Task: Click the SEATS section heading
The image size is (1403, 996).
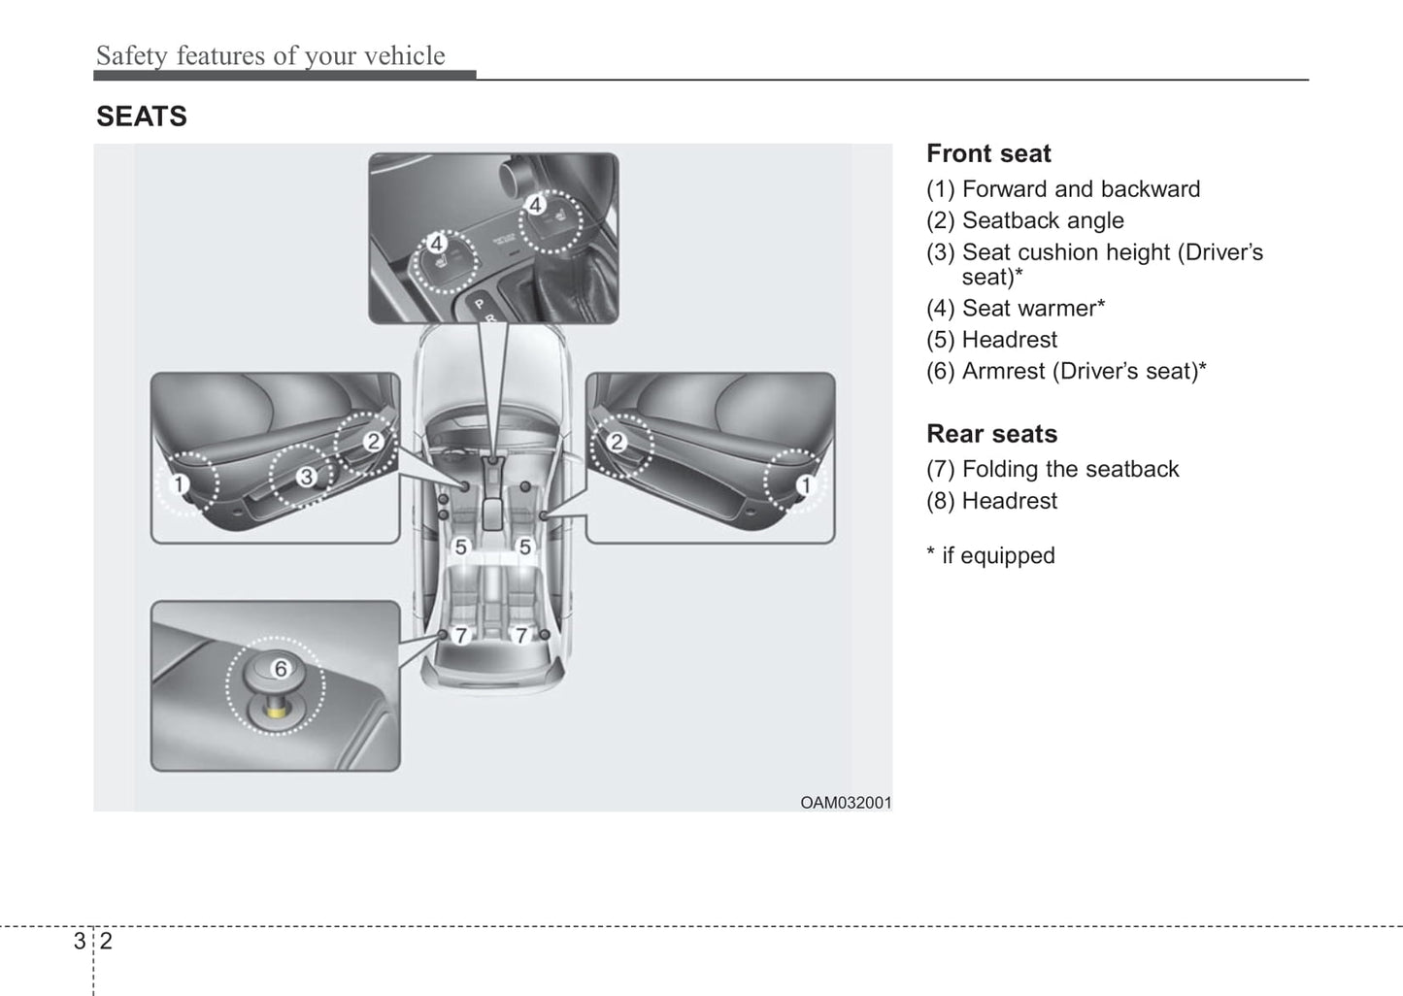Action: pos(142,116)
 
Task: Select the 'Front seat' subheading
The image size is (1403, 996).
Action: pos(988,153)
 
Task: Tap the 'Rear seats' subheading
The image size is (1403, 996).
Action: pos(991,434)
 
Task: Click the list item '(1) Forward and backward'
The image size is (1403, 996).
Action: pos(1063,189)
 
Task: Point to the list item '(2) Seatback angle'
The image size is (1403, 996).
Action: pos(1025,220)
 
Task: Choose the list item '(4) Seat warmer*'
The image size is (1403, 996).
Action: pos(1016,309)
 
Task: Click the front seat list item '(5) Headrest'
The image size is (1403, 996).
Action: pos(992,340)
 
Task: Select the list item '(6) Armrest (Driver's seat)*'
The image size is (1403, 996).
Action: pos(1066,371)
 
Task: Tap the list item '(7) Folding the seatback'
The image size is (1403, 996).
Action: pos(1052,470)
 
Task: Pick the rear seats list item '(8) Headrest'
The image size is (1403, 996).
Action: pos(992,501)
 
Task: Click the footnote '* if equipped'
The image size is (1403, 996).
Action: pos(990,556)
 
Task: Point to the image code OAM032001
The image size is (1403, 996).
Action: pos(846,803)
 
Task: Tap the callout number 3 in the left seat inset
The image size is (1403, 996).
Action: pos(306,477)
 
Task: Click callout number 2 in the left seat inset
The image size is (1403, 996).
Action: pos(374,442)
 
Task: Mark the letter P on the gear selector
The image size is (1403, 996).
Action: pos(478,305)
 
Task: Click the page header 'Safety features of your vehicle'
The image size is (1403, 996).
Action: pos(270,56)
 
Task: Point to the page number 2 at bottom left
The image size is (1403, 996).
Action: pos(106,941)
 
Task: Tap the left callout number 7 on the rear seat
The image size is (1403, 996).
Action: pos(461,636)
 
